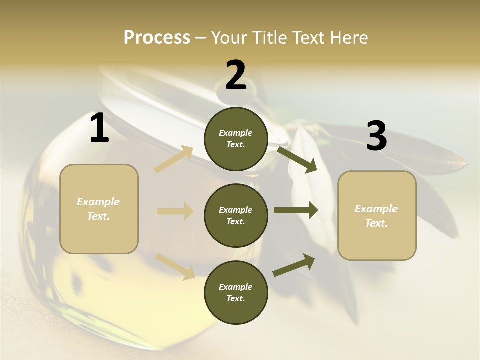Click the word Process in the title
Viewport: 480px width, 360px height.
click(x=157, y=37)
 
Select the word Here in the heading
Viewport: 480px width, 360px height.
click(x=348, y=37)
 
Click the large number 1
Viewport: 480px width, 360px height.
click(x=99, y=128)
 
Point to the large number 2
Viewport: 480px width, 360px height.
click(x=236, y=75)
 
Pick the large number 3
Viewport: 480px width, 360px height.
click(x=376, y=136)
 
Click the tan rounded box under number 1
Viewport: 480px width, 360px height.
click(x=99, y=209)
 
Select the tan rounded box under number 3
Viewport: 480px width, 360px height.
click(x=377, y=216)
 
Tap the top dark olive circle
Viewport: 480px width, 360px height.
click(x=236, y=139)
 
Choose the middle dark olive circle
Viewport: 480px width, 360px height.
click(x=236, y=216)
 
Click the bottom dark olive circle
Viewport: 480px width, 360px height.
click(x=236, y=293)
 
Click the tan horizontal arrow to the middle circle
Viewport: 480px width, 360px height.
click(x=175, y=211)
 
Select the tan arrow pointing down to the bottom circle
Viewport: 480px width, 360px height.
click(x=175, y=266)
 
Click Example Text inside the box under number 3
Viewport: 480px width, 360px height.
click(x=376, y=216)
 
